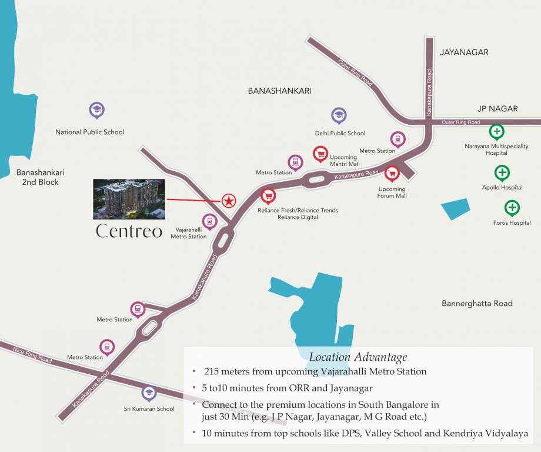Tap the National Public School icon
click(x=96, y=109)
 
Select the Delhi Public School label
click(x=340, y=133)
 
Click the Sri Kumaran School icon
click(x=149, y=393)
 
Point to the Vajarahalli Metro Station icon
click(x=209, y=221)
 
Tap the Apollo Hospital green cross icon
click(x=502, y=172)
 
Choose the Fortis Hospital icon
click(x=512, y=207)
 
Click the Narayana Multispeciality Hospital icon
click(x=496, y=131)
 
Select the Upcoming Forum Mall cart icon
click(x=392, y=173)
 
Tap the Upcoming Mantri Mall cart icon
click(x=320, y=154)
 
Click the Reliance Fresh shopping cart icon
click(x=268, y=195)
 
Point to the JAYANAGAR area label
click(x=464, y=52)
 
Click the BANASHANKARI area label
click(x=279, y=91)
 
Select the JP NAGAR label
click(x=497, y=108)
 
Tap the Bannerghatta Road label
click(x=477, y=304)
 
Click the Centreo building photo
click(x=129, y=199)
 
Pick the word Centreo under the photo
click(x=129, y=231)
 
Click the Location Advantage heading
click(x=358, y=357)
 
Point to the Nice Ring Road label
click(x=33, y=355)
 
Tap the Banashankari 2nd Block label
click(x=40, y=177)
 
